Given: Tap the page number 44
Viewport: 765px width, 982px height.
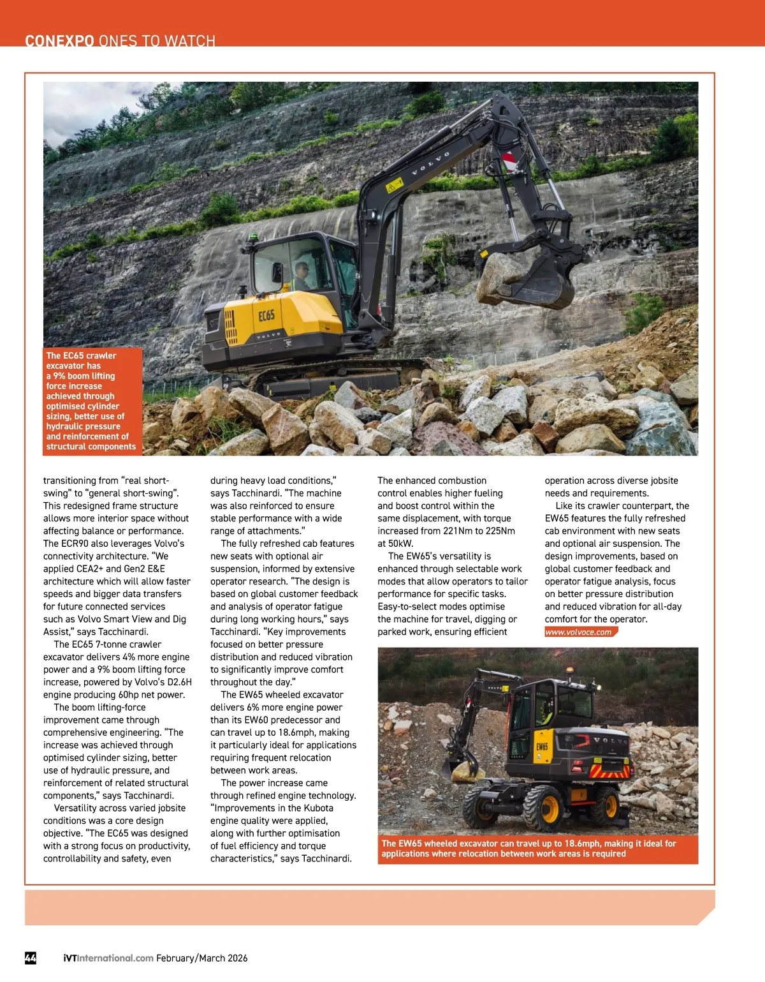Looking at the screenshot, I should [x=31, y=958].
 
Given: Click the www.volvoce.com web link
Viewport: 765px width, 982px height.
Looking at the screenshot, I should [x=578, y=632].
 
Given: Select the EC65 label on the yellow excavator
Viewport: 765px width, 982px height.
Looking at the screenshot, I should [x=266, y=315].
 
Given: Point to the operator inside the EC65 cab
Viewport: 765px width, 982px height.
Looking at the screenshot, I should [x=301, y=276].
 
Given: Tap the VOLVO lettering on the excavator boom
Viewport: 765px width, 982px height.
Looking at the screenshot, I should [x=431, y=163].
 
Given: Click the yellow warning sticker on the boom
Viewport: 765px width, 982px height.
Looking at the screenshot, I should [x=394, y=186].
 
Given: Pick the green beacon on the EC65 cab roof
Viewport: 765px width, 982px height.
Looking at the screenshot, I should [x=254, y=237].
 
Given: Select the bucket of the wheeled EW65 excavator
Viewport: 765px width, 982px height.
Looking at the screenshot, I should [x=464, y=770].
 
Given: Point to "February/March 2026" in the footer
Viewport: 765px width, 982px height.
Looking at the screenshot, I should [x=202, y=958].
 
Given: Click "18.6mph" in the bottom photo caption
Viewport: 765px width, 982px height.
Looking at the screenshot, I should [x=583, y=844].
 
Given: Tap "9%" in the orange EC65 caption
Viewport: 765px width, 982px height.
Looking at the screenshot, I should [x=59, y=376].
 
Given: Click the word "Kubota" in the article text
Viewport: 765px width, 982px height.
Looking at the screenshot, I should [x=317, y=808].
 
